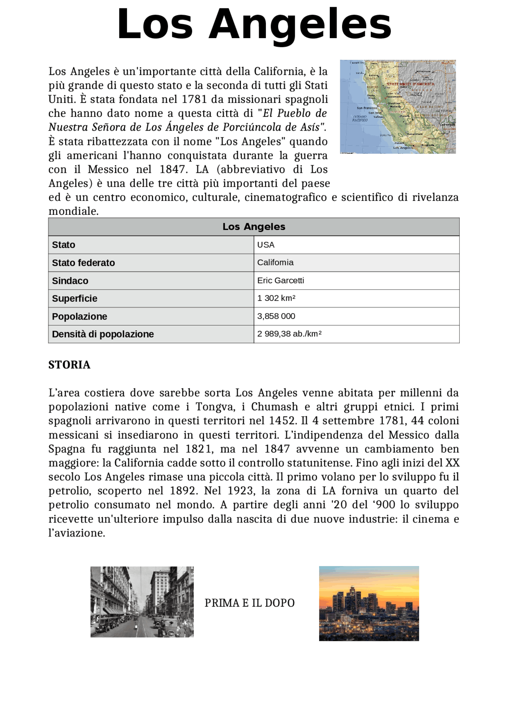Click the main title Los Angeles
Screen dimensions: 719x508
click(254, 25)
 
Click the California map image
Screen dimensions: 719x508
click(398, 107)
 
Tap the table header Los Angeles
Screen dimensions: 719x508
click(254, 227)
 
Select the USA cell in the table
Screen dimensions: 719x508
click(266, 245)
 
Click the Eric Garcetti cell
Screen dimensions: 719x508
click(281, 280)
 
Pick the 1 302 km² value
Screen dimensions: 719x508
click(276, 298)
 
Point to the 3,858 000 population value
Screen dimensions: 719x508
click(276, 316)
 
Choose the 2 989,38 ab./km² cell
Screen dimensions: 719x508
click(289, 334)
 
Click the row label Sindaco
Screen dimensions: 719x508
click(70, 281)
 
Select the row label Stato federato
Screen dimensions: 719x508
click(83, 263)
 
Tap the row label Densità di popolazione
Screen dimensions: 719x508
click(103, 334)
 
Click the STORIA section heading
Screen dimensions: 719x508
click(69, 365)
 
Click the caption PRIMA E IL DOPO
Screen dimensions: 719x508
click(250, 603)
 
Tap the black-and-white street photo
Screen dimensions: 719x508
click(142, 602)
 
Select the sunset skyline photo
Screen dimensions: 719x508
click(369, 603)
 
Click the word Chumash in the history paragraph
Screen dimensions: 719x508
click(274, 407)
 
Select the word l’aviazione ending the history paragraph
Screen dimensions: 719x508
click(77, 533)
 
